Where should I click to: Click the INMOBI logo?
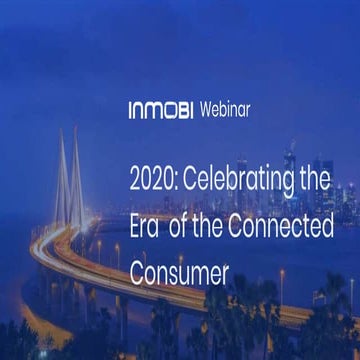coord(162,108)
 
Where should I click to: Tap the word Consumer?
coord(180,270)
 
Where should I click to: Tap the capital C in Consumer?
coord(137,270)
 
